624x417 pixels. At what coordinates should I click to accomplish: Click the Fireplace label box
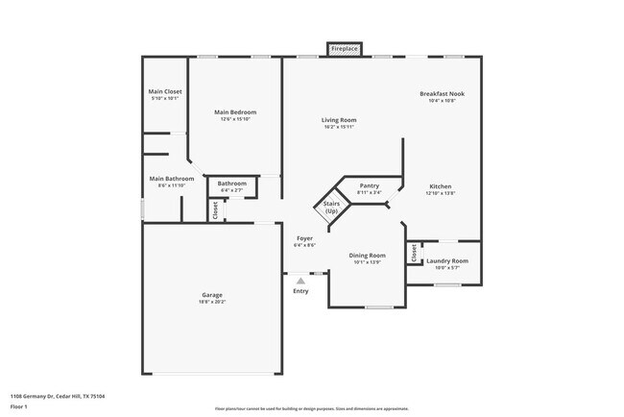coord(345,48)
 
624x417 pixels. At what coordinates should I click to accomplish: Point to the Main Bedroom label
coord(235,112)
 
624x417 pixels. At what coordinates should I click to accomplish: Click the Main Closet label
coord(165,91)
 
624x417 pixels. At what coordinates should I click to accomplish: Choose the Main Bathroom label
coord(171,178)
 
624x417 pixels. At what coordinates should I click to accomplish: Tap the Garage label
coord(212,295)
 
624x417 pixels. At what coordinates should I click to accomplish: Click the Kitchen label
coord(440,186)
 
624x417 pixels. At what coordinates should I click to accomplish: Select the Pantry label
coord(369,185)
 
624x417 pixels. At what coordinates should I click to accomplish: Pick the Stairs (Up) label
coord(331,208)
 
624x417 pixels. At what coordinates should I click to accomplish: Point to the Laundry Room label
coord(447,260)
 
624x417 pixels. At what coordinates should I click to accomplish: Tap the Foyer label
coord(304,238)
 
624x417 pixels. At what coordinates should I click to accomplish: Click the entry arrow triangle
coord(300,281)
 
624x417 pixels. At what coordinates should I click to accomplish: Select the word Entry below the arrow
coord(300,291)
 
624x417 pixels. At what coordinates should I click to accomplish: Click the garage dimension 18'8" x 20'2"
coord(212,302)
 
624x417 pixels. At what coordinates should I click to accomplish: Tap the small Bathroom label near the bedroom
coord(232,184)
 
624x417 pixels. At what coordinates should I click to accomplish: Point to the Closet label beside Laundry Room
coord(414,253)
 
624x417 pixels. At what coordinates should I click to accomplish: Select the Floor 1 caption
coord(19,406)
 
